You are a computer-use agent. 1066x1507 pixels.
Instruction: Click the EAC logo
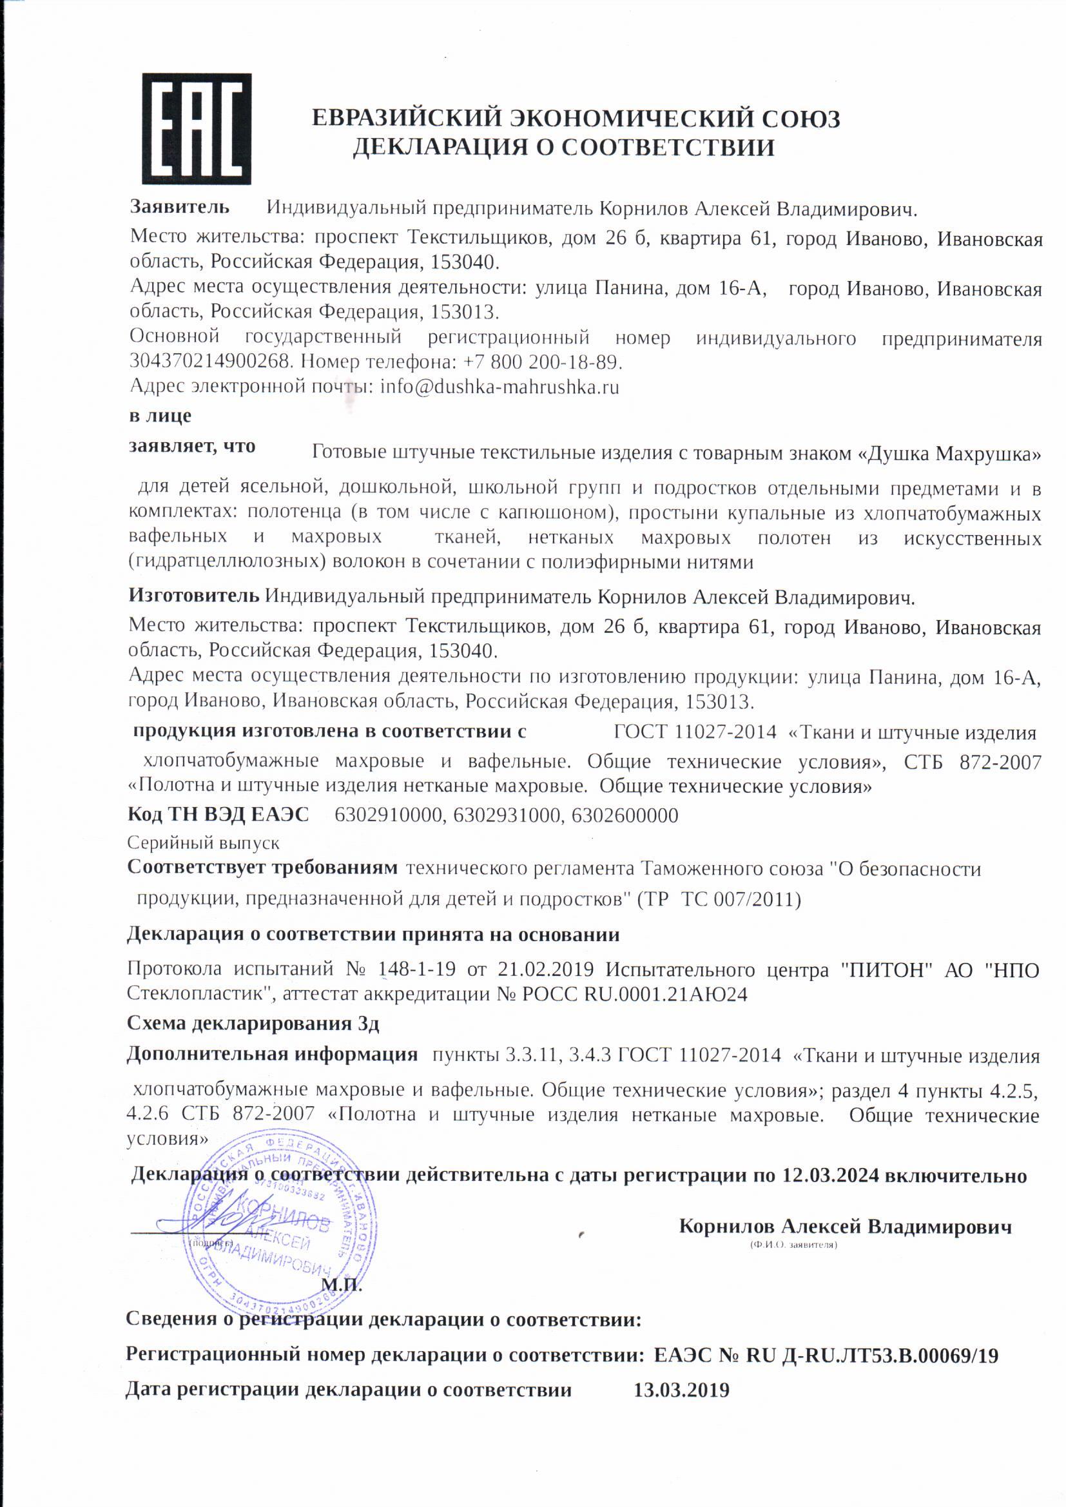197,129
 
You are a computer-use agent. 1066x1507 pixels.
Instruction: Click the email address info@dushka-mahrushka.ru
499,387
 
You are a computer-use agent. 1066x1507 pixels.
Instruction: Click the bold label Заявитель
180,207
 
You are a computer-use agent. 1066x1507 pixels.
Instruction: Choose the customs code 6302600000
625,816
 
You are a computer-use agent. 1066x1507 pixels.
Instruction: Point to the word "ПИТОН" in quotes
886,969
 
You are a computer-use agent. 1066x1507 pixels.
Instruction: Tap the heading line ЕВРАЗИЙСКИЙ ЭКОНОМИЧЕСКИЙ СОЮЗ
576,119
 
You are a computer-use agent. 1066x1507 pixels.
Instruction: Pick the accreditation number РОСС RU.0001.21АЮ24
635,995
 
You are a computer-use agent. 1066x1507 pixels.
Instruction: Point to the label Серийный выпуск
204,842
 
